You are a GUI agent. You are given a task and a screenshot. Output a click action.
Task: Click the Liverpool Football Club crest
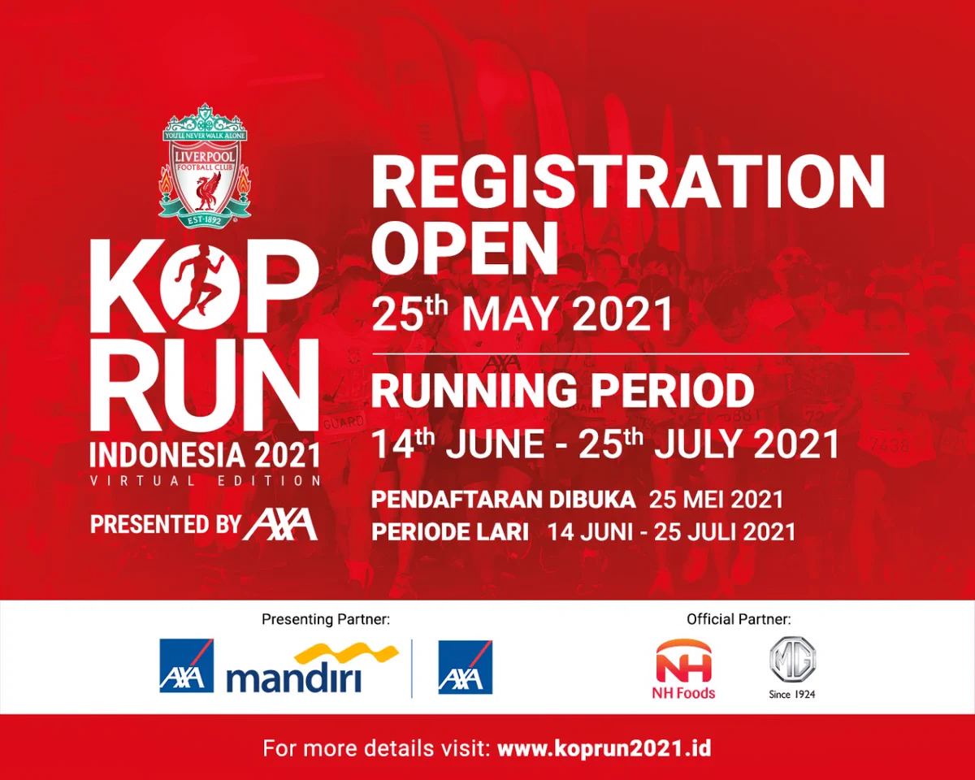click(204, 169)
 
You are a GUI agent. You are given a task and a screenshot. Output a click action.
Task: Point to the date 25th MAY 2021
click(522, 313)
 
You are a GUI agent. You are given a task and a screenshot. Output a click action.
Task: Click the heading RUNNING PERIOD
click(562, 391)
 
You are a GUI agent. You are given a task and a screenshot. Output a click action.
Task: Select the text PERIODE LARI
click(450, 532)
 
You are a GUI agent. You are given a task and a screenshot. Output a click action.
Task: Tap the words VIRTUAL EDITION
click(206, 480)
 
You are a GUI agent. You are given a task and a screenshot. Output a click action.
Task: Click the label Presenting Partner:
click(326, 620)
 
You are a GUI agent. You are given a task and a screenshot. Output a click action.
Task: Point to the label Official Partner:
click(739, 620)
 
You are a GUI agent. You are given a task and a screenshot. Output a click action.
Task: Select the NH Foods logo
click(684, 668)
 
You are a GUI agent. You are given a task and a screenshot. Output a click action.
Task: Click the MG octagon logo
click(792, 662)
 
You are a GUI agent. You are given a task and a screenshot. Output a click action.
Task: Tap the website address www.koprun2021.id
click(604, 748)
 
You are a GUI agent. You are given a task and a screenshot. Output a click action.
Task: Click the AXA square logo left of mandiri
click(186, 666)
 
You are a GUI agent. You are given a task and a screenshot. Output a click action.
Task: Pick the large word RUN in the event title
click(204, 385)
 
